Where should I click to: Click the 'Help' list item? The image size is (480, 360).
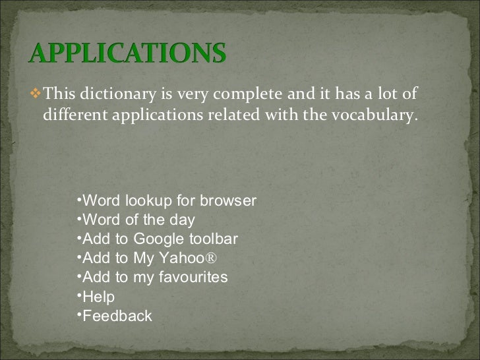pyautogui.click(x=100, y=297)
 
